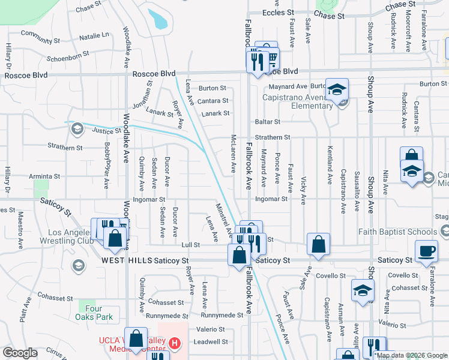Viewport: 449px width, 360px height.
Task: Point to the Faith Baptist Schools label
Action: coord(397,232)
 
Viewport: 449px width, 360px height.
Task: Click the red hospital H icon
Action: coord(174,344)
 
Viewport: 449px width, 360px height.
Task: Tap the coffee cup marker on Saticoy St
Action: coord(426,252)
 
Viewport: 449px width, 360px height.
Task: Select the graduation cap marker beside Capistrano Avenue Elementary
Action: coord(337,90)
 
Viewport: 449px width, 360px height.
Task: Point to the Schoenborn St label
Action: coord(68,53)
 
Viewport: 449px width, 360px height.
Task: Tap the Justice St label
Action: coord(107,130)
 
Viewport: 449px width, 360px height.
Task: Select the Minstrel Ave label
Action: coord(221,218)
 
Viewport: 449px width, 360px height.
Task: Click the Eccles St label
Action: coord(278,12)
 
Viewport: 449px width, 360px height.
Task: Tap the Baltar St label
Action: coord(268,122)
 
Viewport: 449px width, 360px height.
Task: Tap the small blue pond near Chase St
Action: coord(158,19)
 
